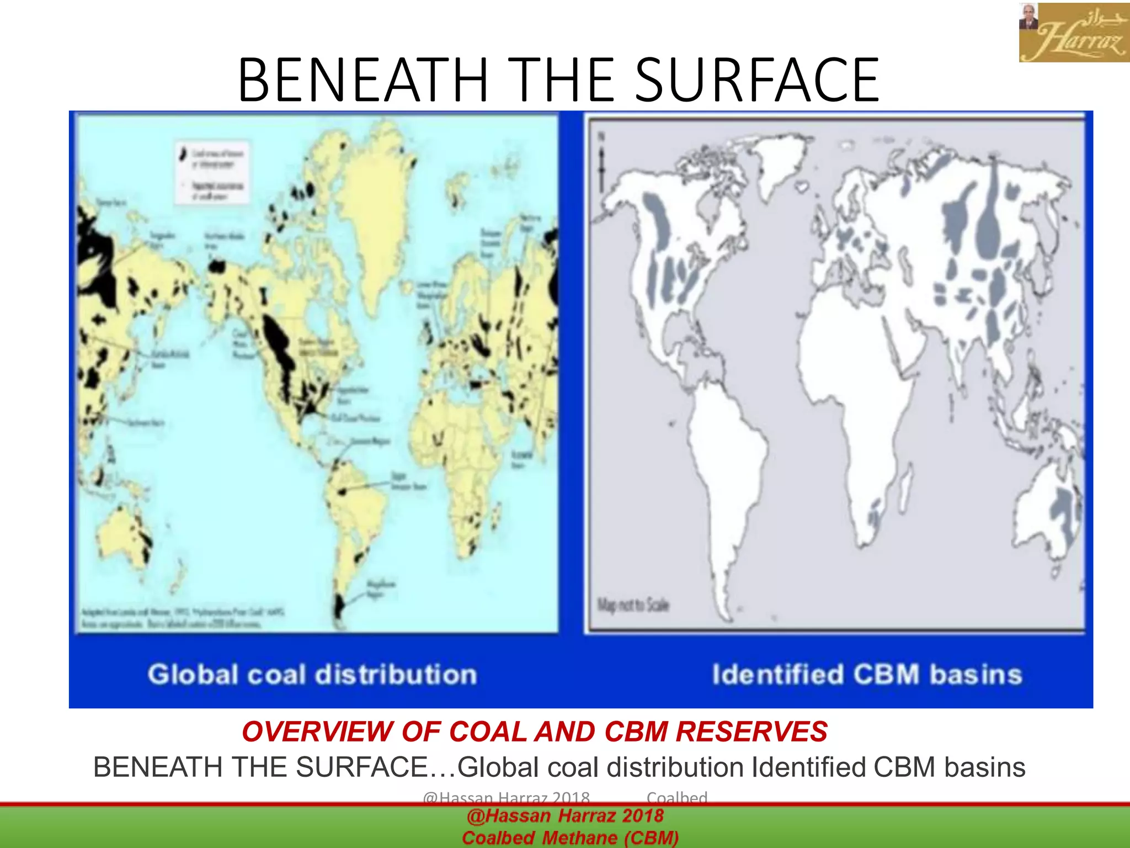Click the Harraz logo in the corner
click(x=1074, y=33)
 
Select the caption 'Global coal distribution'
click(x=312, y=675)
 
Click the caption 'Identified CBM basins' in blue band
click(x=867, y=675)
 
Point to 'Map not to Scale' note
click(x=633, y=605)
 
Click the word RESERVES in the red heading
click(x=751, y=732)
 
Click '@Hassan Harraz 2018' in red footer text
click(x=565, y=816)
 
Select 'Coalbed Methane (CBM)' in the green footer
click(x=571, y=838)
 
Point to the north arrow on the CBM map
click(x=602, y=163)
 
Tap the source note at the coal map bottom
click(x=182, y=618)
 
